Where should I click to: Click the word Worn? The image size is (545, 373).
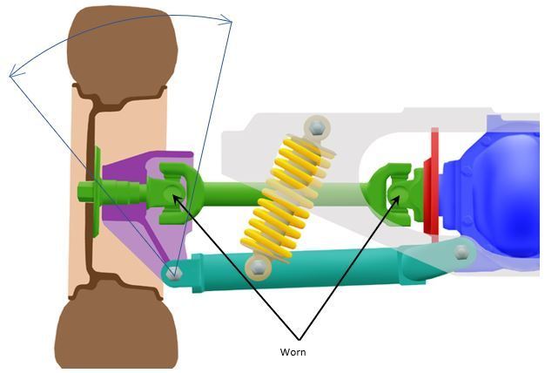293,352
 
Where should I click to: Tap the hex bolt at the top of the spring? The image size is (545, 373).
317,128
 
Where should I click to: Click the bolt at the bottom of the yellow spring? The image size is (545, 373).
258,268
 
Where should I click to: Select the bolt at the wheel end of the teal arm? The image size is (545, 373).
174,273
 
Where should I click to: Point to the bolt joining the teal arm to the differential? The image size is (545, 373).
461,252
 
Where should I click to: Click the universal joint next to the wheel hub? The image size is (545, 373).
174,193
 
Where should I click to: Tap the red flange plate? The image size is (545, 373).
432,185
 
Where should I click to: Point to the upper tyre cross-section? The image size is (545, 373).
123,56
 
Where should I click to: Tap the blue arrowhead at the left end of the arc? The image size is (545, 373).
15,72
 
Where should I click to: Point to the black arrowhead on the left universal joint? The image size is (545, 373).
178,200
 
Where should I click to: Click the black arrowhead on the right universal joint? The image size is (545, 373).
395,201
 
